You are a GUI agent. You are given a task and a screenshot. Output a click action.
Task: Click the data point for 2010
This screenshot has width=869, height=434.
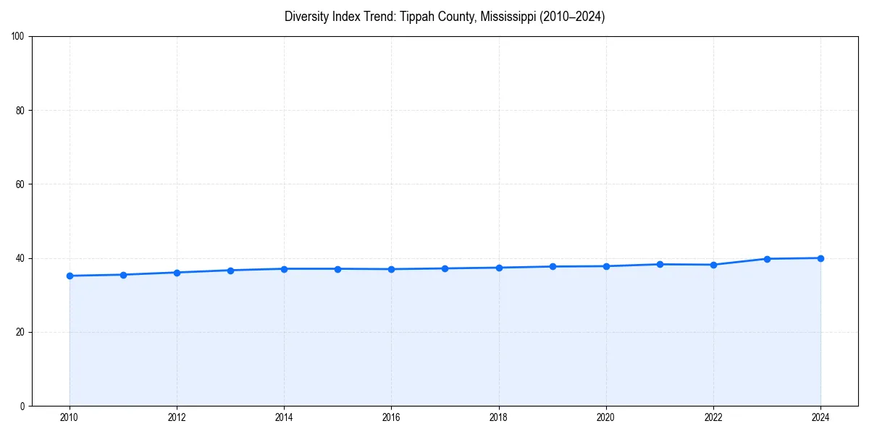[x=70, y=276]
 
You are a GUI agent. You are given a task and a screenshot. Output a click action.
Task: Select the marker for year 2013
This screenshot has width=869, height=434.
[x=230, y=271]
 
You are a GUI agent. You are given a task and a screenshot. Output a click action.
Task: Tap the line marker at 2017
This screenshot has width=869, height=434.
[x=445, y=268]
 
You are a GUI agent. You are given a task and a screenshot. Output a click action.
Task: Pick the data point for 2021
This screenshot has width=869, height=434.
[x=660, y=264]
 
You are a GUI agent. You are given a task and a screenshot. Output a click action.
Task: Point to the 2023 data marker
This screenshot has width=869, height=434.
[x=767, y=259]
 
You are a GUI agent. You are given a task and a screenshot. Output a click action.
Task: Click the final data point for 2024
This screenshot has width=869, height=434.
[x=820, y=258]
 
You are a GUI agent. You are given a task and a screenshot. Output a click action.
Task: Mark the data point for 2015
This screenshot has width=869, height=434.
[x=337, y=269]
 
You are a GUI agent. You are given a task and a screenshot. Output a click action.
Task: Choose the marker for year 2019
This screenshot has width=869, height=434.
[x=553, y=266]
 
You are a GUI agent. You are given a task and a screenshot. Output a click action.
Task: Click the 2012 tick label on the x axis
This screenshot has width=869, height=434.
[x=177, y=417]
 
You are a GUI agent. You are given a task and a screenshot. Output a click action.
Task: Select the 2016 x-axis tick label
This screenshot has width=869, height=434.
[x=391, y=417]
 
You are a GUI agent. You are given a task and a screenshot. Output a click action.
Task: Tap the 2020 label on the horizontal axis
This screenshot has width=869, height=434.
[x=606, y=417]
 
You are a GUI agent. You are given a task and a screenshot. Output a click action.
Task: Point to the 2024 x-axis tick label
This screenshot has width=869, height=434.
[x=820, y=417]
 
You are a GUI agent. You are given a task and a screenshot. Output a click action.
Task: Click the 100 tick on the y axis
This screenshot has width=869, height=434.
[x=18, y=37]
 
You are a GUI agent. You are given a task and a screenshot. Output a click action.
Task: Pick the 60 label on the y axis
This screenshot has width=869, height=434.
[x=20, y=184]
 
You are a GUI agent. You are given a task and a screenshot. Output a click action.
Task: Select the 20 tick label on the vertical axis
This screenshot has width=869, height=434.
[x=20, y=332]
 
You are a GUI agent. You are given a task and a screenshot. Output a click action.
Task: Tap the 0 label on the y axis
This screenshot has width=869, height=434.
[x=22, y=406]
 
